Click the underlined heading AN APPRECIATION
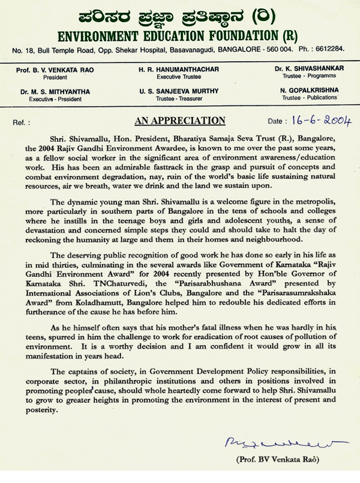(x=180, y=121)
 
